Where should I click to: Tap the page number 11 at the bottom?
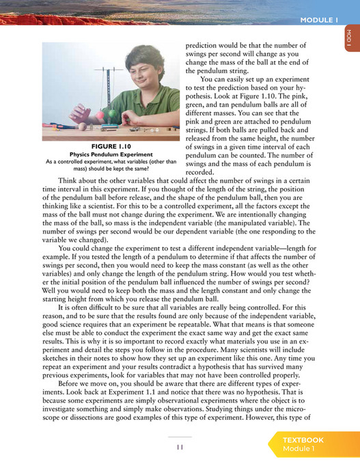point(180,447)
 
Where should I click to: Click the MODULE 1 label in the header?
point(320,20)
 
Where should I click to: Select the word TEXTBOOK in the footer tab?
point(303,440)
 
